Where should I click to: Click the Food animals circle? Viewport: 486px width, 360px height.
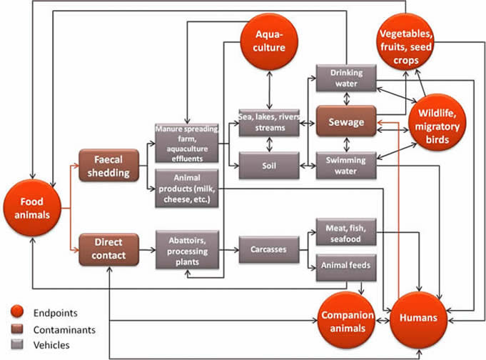click(x=33, y=207)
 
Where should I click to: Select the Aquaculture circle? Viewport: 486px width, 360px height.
click(x=270, y=41)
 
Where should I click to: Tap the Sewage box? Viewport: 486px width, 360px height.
click(x=346, y=122)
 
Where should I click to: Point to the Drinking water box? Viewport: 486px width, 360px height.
click(x=346, y=79)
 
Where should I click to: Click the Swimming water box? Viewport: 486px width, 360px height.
click(x=346, y=165)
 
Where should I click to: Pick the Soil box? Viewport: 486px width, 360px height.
click(x=268, y=165)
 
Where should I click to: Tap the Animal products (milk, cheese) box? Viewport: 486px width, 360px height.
click(x=185, y=188)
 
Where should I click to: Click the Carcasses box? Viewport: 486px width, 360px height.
click(x=268, y=251)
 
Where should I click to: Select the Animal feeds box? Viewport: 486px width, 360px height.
click(x=346, y=266)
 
